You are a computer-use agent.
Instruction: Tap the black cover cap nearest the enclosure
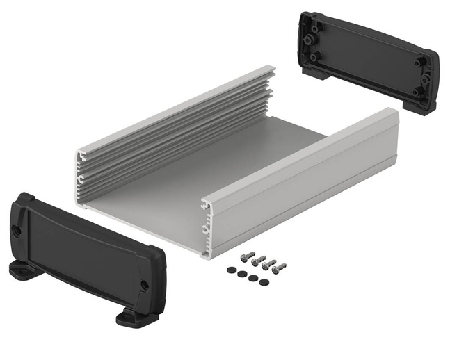[231, 270]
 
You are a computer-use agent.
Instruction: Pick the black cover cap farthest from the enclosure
[265, 281]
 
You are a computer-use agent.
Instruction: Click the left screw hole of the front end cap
[17, 231]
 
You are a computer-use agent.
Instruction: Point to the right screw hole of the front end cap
[144, 285]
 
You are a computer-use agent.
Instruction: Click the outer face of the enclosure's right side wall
[313, 188]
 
